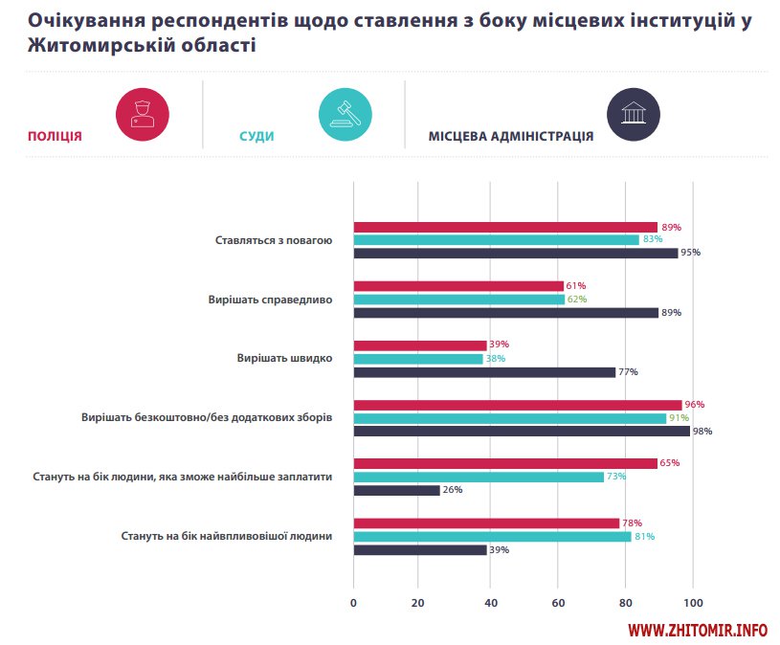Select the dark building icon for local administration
(x=633, y=114)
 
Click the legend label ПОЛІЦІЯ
(x=55, y=136)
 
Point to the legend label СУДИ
(x=256, y=136)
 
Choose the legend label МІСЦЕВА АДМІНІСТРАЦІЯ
(x=510, y=136)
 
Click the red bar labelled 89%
(x=505, y=227)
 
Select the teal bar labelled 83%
(x=496, y=240)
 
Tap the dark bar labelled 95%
(x=516, y=253)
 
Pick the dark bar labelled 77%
(x=484, y=371)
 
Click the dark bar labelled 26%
(x=397, y=490)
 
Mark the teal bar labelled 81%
(x=492, y=536)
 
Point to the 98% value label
(x=702, y=431)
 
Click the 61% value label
(x=575, y=286)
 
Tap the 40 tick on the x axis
(x=489, y=603)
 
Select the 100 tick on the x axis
(x=693, y=603)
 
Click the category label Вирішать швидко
(x=284, y=358)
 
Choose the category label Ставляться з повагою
(x=274, y=240)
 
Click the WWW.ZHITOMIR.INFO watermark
(x=698, y=631)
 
